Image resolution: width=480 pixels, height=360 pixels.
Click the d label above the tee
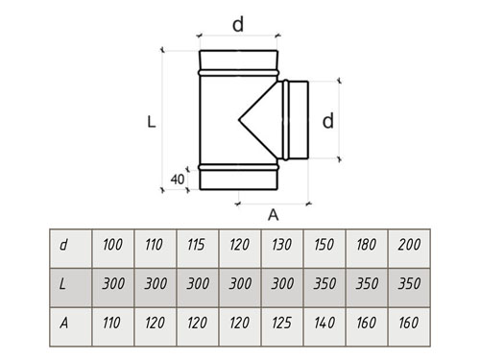[x=238, y=24]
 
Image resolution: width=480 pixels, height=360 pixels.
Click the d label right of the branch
[x=328, y=121]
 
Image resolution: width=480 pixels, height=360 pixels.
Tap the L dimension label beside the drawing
[x=152, y=122]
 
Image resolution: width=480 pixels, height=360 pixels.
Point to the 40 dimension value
[x=178, y=180]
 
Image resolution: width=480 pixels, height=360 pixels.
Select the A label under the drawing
[x=273, y=215]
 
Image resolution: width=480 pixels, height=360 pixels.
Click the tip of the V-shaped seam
[x=239, y=120]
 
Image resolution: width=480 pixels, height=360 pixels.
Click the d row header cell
[x=71, y=249]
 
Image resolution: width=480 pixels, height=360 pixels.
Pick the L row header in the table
[x=71, y=287]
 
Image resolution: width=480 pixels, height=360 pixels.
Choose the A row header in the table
[x=71, y=326]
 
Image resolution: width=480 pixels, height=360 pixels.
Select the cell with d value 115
[x=198, y=249]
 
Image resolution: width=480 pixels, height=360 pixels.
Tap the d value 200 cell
[x=409, y=249]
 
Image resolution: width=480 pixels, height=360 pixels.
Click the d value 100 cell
[x=112, y=249]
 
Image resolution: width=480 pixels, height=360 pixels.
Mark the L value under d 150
[x=324, y=287]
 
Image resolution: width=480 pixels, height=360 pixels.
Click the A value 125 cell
[x=282, y=326]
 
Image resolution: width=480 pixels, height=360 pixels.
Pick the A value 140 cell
[x=324, y=326]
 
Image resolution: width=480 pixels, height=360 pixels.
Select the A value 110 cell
[x=112, y=326]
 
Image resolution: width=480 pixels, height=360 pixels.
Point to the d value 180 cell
[x=367, y=249]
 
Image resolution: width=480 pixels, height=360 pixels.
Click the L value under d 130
[x=282, y=287]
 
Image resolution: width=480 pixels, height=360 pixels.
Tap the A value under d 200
[x=409, y=326]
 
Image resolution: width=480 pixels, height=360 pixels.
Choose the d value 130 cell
[x=282, y=249]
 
